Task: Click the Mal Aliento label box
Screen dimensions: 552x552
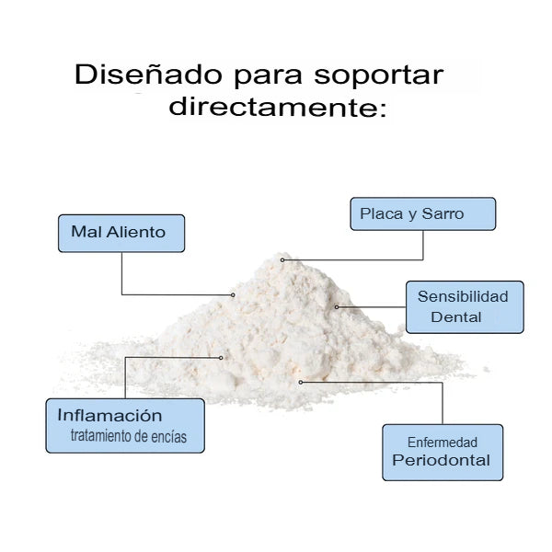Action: tap(121, 233)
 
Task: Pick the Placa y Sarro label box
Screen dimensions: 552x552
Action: tap(422, 213)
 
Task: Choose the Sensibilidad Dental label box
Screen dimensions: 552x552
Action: tap(464, 306)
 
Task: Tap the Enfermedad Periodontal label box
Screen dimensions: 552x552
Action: tap(443, 452)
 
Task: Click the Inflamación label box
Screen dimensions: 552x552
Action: tap(125, 425)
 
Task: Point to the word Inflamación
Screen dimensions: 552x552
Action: tap(109, 416)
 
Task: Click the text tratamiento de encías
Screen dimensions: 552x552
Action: tap(128, 437)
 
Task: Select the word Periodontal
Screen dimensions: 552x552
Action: tap(442, 461)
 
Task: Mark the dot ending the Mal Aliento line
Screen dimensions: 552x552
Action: tap(234, 294)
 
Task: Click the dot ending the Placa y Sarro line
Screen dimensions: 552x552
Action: tap(282, 260)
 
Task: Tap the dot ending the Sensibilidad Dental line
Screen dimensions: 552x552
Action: tap(337, 306)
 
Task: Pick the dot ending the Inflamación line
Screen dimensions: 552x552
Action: tap(222, 357)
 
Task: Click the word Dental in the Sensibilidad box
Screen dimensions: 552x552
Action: tap(456, 317)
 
